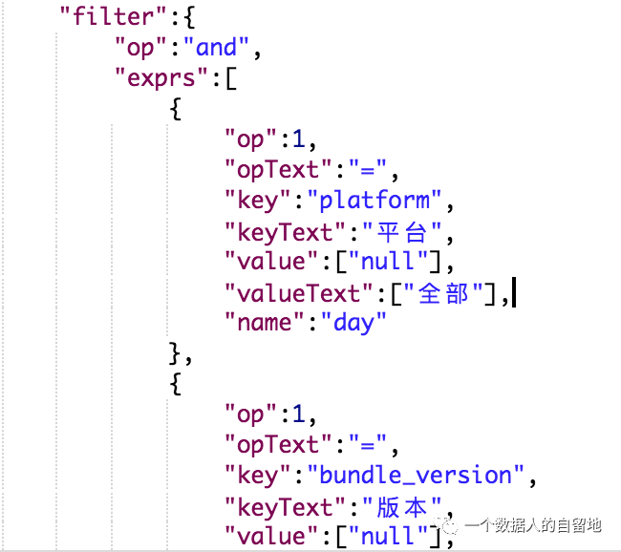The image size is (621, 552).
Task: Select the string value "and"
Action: pos(223,47)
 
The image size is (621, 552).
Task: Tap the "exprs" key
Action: pos(161,77)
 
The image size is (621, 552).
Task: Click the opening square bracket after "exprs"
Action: pos(230,77)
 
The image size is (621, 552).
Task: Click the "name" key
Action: pos(263,322)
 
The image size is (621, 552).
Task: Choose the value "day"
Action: pos(353,322)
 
